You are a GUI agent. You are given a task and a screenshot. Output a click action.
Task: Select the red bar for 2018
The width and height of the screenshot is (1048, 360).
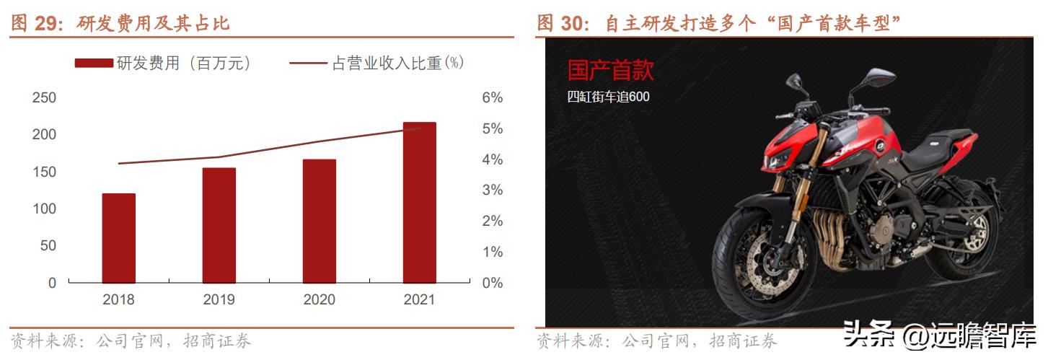coord(119,238)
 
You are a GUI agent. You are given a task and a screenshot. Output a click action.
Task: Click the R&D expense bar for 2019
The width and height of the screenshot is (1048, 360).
coord(219,225)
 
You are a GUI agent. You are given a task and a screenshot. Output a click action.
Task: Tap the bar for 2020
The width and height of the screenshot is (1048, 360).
coord(320,221)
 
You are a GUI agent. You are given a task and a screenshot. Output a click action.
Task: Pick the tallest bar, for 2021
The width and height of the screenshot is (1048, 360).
coord(420,203)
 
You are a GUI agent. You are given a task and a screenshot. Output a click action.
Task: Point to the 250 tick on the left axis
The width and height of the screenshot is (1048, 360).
coord(44,98)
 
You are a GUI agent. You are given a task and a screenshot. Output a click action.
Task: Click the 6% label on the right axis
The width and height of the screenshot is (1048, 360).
coord(492,98)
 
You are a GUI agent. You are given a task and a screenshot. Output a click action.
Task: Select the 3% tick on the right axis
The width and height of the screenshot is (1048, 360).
coord(492,190)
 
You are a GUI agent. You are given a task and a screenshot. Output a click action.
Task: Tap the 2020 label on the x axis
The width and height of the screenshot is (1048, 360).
coord(320,299)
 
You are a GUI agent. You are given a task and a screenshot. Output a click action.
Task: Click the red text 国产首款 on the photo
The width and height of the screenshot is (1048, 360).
coord(610,71)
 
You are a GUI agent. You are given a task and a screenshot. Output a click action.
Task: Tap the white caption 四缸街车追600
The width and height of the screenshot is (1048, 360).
coord(608,97)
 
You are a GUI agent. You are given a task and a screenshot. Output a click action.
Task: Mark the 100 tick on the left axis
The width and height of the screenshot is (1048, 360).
coord(44,209)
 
